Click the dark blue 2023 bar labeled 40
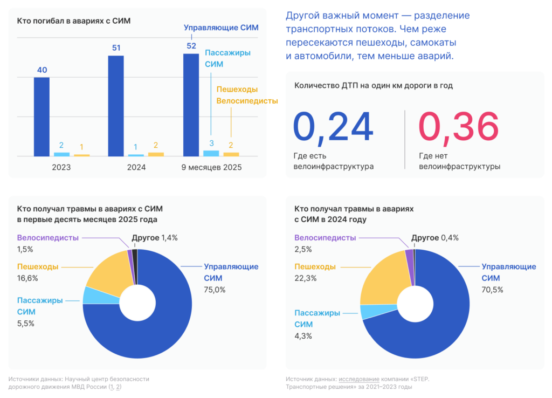pyautogui.click(x=42, y=116)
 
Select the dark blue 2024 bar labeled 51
pyautogui.click(x=116, y=106)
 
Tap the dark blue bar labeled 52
pyautogui.click(x=191, y=105)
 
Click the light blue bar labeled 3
pyautogui.click(x=211, y=153)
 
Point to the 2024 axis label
pyautogui.click(x=136, y=167)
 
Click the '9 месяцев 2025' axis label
pyautogui.click(x=211, y=167)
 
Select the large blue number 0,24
pyautogui.click(x=333, y=128)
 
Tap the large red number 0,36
pyautogui.click(x=459, y=128)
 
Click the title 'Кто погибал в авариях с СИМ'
pyautogui.click(x=74, y=21)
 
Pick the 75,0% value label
pyautogui.click(x=215, y=290)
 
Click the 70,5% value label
pyautogui.click(x=492, y=290)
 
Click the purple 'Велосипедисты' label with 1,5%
pyautogui.click(x=48, y=238)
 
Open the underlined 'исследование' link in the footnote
pyautogui.click(x=359, y=379)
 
